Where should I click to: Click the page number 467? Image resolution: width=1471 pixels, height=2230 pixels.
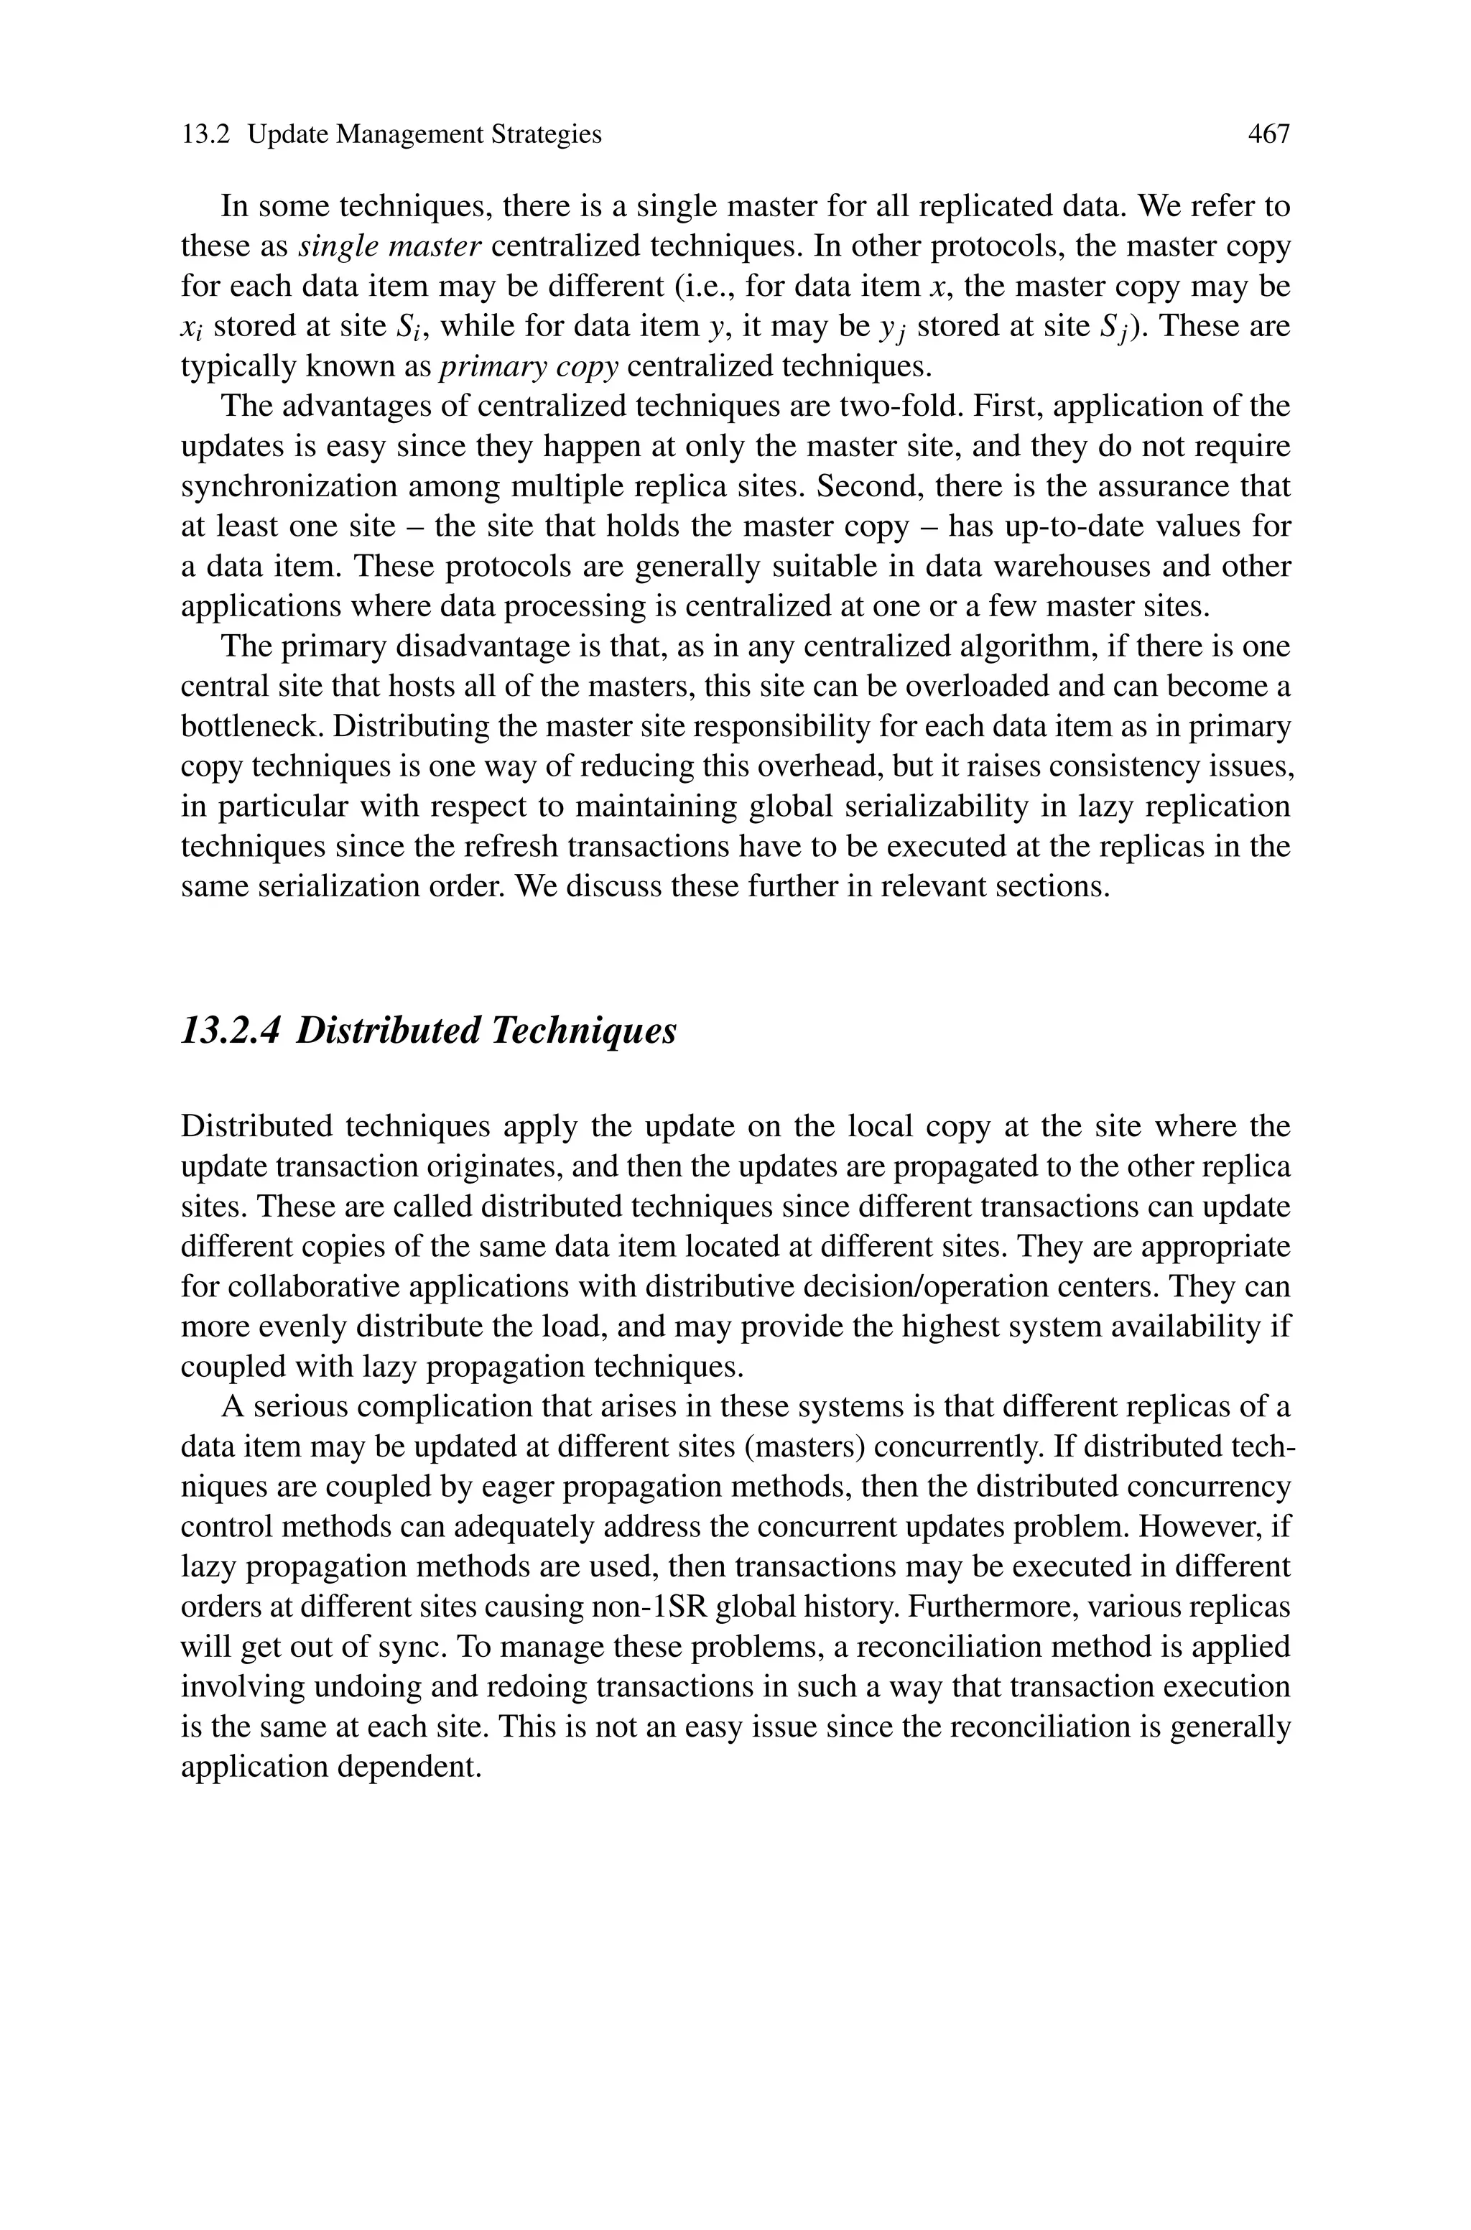[1268, 135]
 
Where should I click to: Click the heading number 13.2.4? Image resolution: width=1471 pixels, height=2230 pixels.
[230, 1031]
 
